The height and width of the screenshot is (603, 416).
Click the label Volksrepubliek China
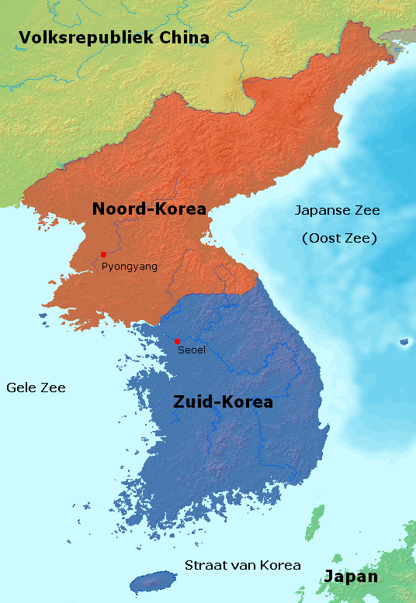click(x=114, y=37)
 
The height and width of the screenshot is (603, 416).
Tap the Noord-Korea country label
click(x=149, y=208)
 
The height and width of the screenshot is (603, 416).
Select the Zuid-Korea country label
click(x=223, y=401)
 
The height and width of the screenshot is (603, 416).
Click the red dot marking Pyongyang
click(x=103, y=254)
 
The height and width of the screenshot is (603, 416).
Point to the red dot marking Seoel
click(x=177, y=341)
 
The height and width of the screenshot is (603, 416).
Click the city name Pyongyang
click(x=130, y=267)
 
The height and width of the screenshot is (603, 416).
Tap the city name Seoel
click(x=192, y=351)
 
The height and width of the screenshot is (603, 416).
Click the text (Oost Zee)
click(x=339, y=239)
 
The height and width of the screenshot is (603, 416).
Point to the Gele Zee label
click(x=36, y=388)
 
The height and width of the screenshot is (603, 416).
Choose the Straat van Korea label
click(x=242, y=565)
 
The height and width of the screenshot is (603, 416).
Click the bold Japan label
click(x=351, y=577)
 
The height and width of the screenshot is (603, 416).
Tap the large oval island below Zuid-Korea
click(x=152, y=581)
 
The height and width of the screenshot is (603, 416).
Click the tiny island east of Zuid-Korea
click(x=404, y=341)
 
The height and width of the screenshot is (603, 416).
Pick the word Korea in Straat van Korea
click(x=281, y=565)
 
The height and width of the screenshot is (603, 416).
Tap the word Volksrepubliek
click(x=75, y=37)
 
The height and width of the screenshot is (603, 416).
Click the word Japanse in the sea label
click(x=322, y=211)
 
